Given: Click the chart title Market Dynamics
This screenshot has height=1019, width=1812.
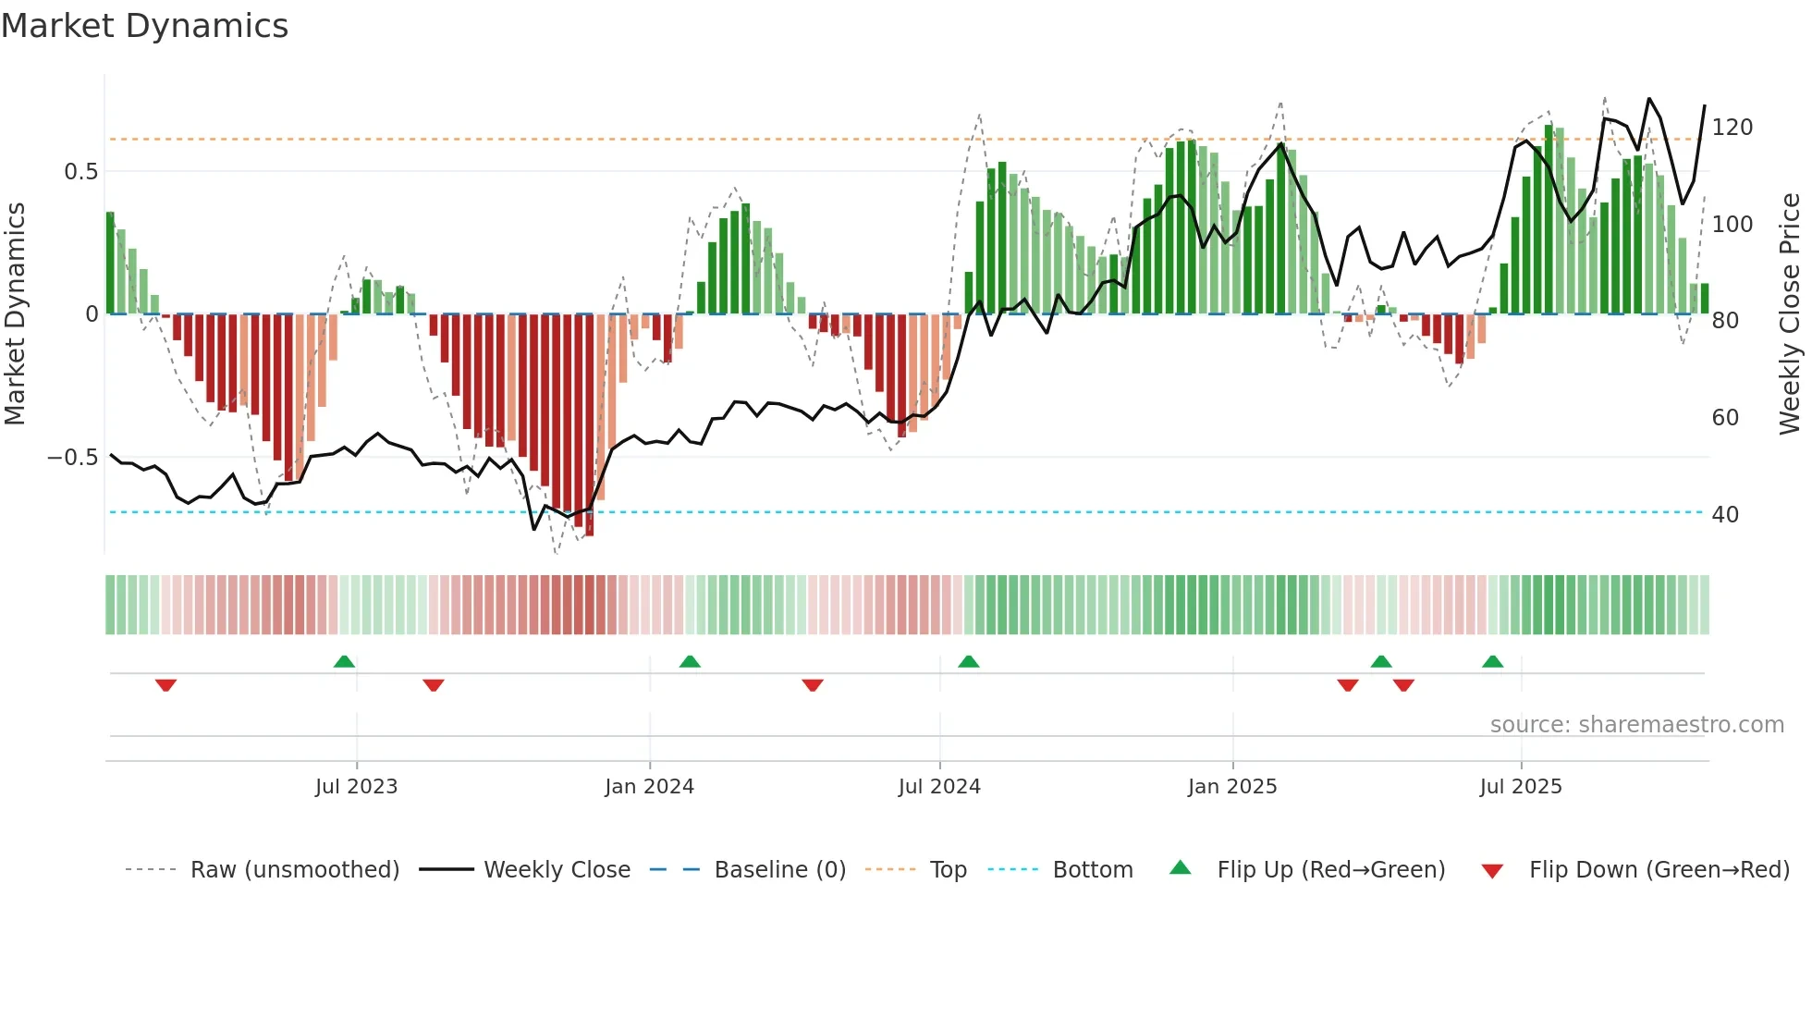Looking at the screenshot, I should (x=144, y=26).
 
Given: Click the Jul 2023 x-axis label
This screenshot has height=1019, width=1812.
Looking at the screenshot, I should (x=356, y=787).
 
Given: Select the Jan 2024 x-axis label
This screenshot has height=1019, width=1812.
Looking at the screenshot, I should (x=649, y=787).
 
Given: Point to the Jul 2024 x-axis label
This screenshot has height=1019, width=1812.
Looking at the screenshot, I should (x=939, y=787).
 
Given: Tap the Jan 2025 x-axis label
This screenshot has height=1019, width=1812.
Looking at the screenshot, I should (x=1232, y=787).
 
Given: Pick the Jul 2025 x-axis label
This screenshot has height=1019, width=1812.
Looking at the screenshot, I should (x=1521, y=787).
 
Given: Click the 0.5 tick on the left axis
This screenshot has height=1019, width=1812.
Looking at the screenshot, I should (x=81, y=172).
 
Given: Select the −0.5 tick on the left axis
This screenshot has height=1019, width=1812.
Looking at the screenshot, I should (x=73, y=458).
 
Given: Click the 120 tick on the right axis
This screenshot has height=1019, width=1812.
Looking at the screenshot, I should (x=1732, y=128).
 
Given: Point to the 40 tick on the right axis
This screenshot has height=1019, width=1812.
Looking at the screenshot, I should (x=1725, y=515).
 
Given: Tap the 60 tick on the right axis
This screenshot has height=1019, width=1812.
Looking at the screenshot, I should (x=1725, y=418).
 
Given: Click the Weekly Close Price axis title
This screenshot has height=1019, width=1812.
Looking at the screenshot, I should (x=1791, y=314).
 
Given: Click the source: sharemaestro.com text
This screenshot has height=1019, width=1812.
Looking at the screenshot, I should (x=1636, y=725).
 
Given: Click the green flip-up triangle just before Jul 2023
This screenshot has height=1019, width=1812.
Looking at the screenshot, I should (x=344, y=661).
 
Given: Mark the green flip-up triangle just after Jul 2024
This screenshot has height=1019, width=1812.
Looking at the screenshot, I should (x=968, y=661).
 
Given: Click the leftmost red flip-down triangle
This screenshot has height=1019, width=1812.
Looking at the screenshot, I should (x=165, y=685).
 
